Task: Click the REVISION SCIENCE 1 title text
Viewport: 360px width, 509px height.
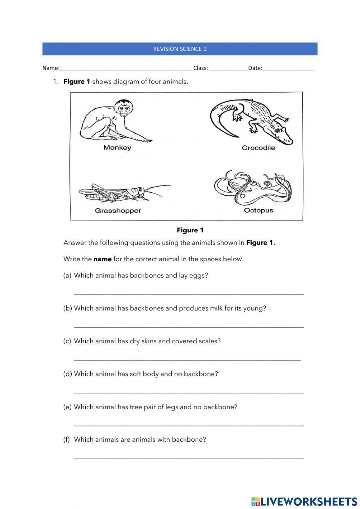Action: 180,49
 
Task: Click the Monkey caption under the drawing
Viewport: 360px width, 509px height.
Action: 117,148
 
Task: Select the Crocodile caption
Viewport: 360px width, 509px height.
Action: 258,148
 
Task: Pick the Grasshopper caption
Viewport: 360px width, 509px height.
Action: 118,211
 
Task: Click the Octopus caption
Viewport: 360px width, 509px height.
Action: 258,210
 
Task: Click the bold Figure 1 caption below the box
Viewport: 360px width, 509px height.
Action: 190,230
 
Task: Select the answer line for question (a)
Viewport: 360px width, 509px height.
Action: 189,294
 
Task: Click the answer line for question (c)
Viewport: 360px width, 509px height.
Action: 187,359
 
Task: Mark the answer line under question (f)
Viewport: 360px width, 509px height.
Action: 189,458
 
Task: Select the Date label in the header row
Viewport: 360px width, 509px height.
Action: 255,68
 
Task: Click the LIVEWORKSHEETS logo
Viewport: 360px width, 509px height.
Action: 304,501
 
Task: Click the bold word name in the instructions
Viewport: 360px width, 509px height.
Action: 102,259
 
